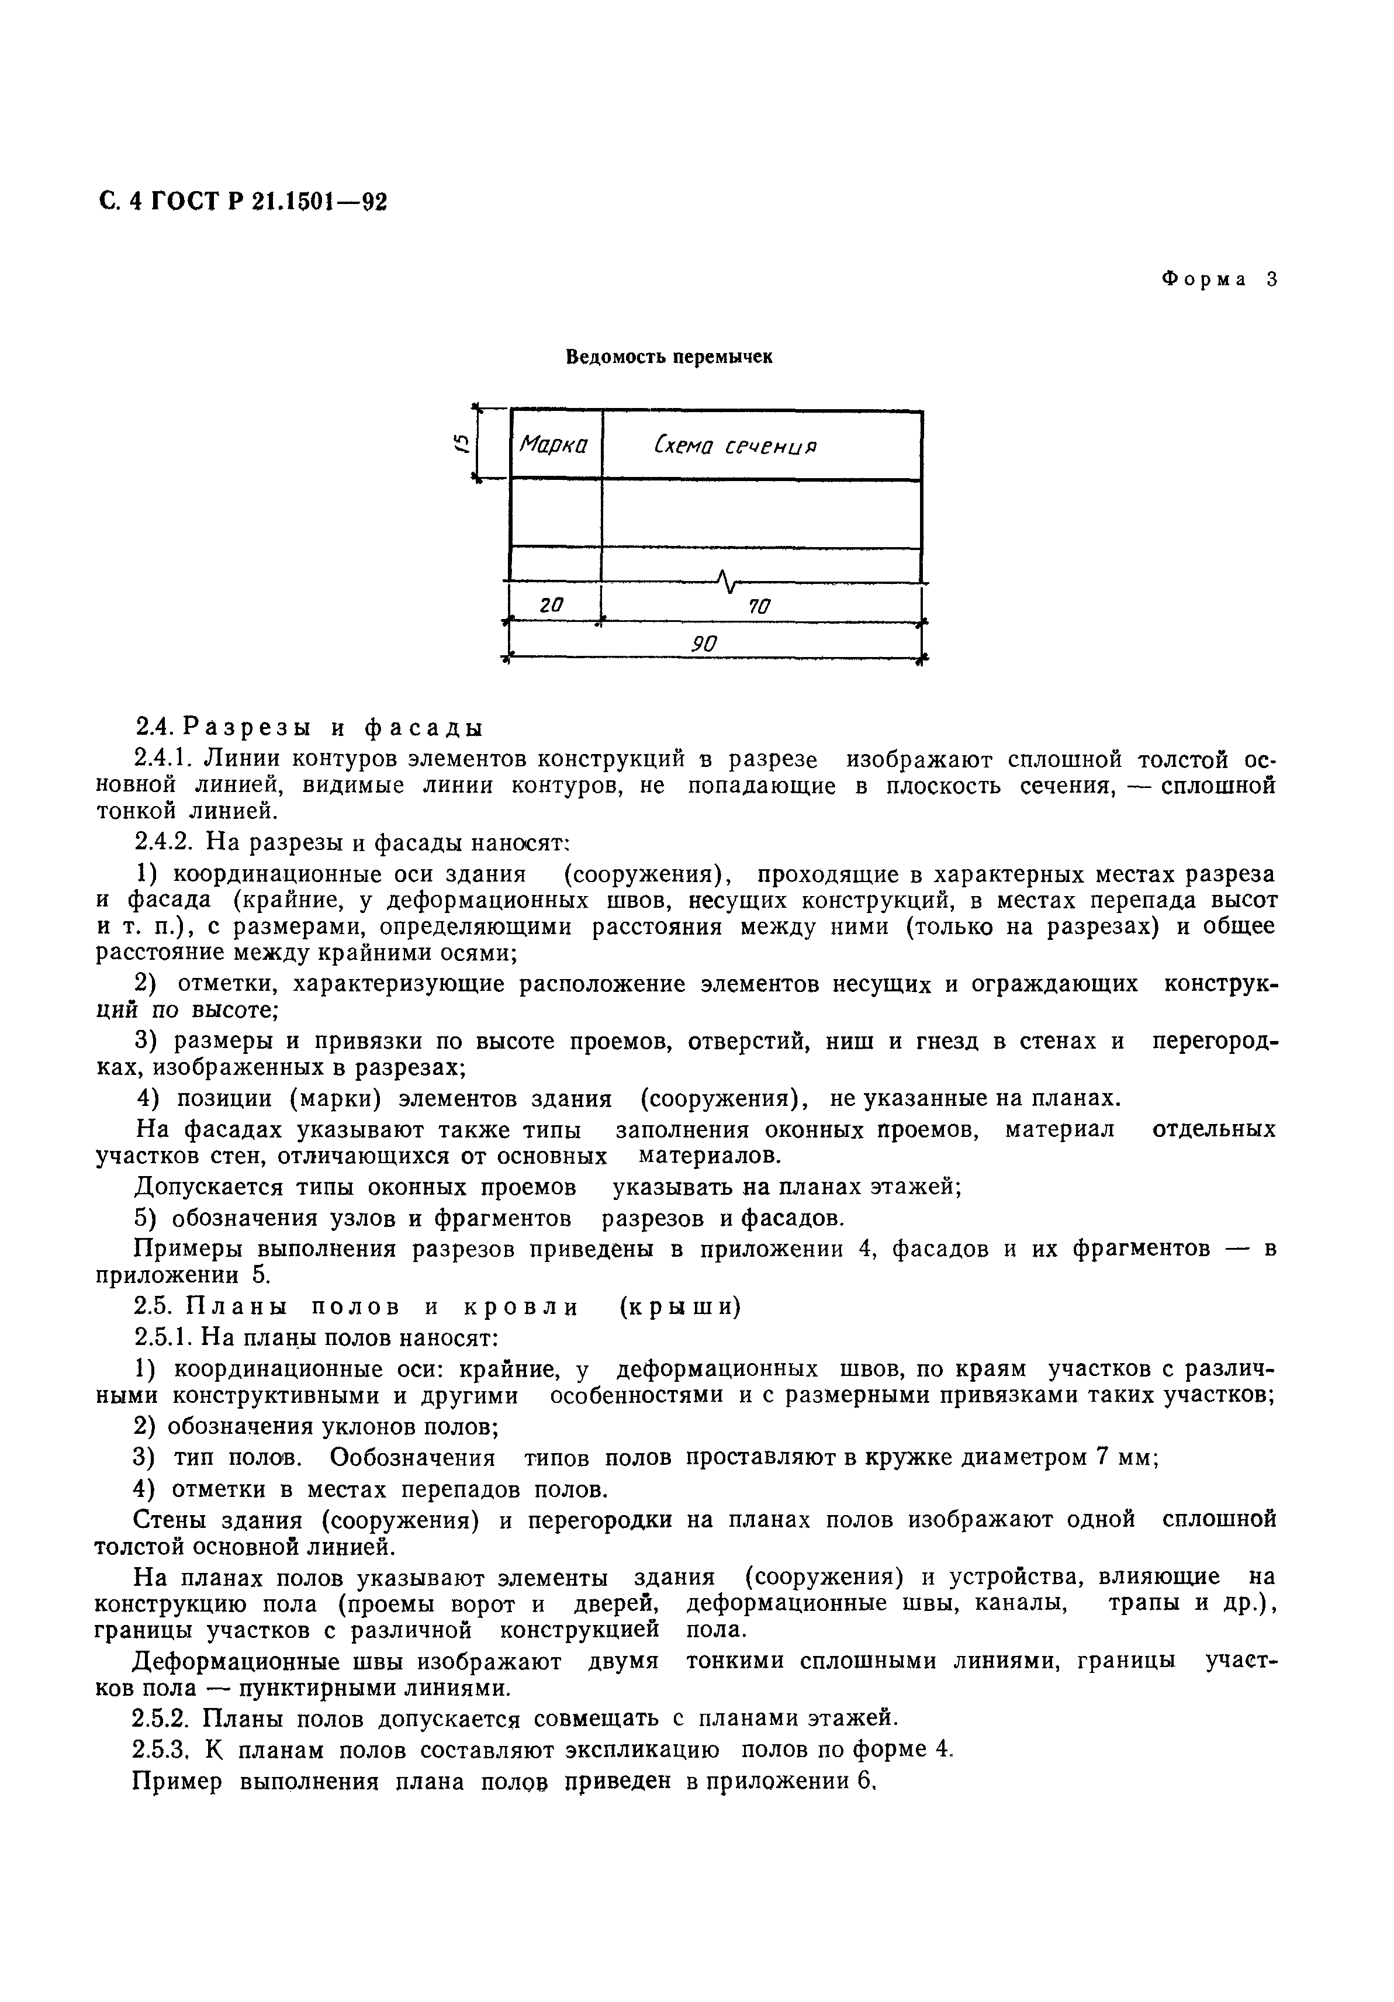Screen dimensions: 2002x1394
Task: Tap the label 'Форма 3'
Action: (x=1219, y=280)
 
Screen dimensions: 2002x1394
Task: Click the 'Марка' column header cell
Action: (x=555, y=445)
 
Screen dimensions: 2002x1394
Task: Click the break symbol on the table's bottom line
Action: (x=726, y=578)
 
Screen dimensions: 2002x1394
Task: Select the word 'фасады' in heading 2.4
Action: (x=423, y=727)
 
